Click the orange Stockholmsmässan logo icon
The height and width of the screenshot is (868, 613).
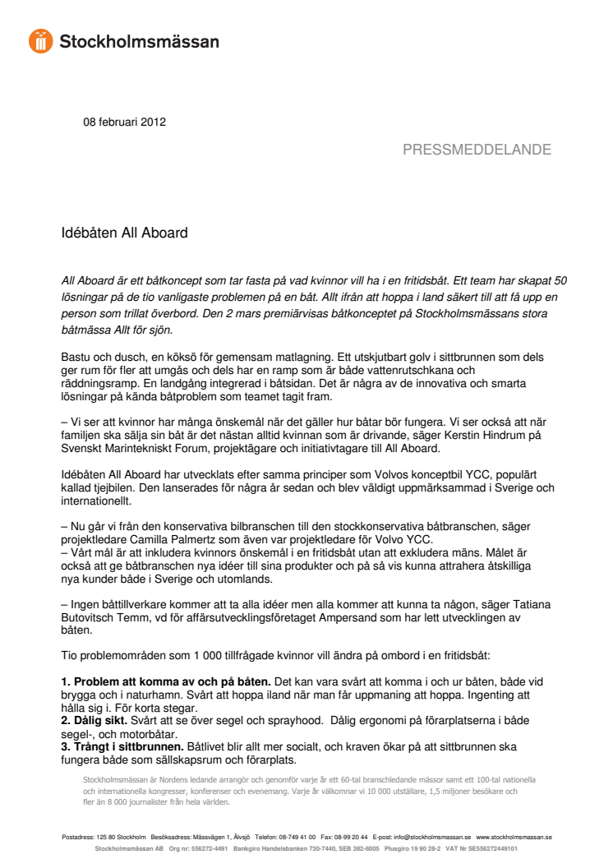(40, 40)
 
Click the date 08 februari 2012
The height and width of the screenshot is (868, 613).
(124, 122)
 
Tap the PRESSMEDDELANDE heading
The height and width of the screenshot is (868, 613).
(477, 150)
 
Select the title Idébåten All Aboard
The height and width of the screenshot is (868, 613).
(125, 233)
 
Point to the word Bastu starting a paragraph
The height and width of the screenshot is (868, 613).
(77, 358)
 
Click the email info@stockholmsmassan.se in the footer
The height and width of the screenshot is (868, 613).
(430, 838)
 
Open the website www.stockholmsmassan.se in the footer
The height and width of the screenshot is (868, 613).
(514, 838)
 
